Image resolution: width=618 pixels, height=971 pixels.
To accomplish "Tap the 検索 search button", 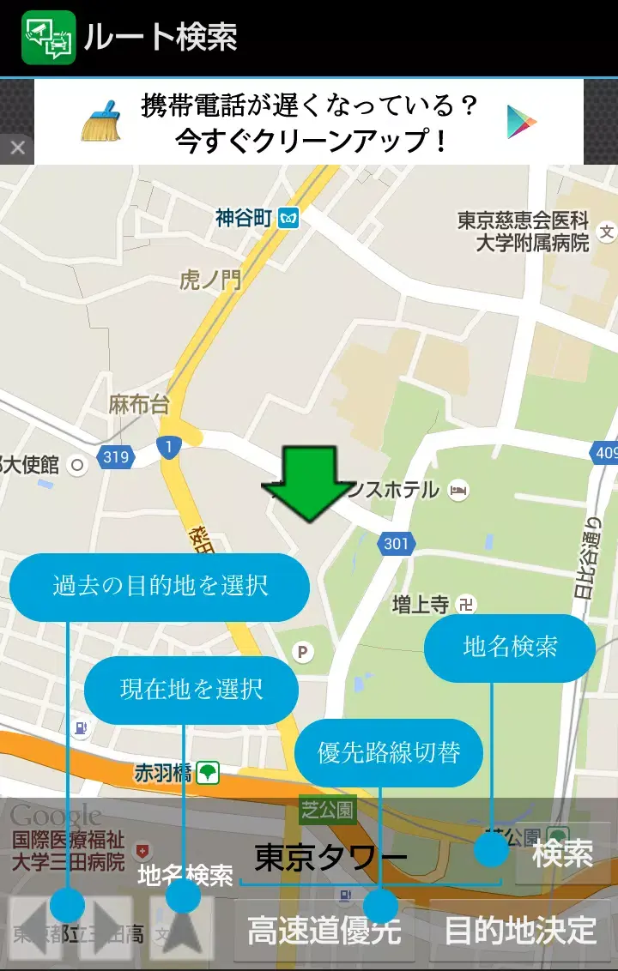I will tap(562, 854).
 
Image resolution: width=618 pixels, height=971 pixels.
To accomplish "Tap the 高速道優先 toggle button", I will tap(324, 931).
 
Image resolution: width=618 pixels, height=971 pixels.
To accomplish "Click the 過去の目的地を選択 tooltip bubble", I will tap(160, 587).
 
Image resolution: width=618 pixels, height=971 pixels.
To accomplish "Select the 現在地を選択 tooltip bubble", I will tap(191, 690).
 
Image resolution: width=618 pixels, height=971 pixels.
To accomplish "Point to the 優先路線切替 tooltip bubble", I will tap(389, 752).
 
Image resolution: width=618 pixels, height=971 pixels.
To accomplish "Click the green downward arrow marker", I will tap(307, 484).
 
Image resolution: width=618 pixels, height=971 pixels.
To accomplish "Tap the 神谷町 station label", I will tap(244, 218).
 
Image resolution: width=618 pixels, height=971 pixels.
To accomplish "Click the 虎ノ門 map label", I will tap(210, 280).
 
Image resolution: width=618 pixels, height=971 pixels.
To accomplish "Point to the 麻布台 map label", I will tap(139, 405).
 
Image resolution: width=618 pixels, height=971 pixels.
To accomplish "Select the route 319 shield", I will tap(116, 457).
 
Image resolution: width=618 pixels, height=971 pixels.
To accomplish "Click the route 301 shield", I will tap(396, 543).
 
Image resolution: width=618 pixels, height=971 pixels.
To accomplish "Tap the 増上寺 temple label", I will tap(421, 604).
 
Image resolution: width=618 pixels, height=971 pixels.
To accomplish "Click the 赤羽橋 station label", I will tap(163, 773).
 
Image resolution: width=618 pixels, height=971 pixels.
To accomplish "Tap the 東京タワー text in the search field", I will tap(330, 858).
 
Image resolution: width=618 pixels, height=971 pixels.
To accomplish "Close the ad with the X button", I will tap(17, 148).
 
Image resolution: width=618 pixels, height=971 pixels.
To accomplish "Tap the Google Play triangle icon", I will tap(521, 121).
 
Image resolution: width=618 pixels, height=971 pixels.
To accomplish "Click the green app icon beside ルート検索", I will tap(49, 38).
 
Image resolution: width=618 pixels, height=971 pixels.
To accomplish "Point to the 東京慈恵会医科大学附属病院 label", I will tap(523, 231).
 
